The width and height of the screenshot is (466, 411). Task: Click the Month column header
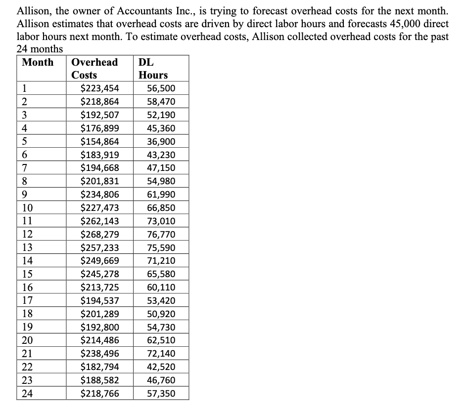coord(38,62)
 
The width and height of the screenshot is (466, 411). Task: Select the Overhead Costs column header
coord(94,69)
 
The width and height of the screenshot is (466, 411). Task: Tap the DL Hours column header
coord(153,69)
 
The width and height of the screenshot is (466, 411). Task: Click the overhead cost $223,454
coord(99,89)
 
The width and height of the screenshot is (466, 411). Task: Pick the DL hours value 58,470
coord(161,102)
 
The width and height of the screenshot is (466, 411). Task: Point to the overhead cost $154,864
coord(99,142)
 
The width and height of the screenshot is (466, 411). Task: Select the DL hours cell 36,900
coord(161,142)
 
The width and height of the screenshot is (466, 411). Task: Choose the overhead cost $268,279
coord(99,234)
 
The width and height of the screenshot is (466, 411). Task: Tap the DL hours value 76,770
coord(161,234)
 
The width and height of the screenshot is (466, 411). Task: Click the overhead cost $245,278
coord(99,274)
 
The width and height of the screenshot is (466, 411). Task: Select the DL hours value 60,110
coord(161,288)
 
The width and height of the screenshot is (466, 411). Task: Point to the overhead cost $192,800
coord(99,327)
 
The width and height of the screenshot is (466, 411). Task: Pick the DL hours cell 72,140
coord(161,354)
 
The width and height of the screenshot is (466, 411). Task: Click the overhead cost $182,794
coord(99,367)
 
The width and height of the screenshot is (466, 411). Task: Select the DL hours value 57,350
coord(161,394)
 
